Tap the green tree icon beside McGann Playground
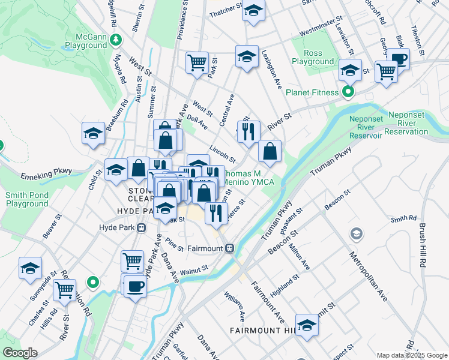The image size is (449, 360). [x=119, y=40]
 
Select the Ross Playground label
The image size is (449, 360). [x=312, y=57]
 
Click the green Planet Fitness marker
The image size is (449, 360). [x=348, y=92]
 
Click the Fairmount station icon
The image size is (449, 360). [x=230, y=248]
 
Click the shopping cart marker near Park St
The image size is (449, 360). [x=197, y=62]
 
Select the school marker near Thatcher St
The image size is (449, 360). [x=253, y=11]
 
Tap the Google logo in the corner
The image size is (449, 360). [x=20, y=353]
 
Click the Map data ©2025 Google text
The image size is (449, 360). [x=412, y=355]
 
